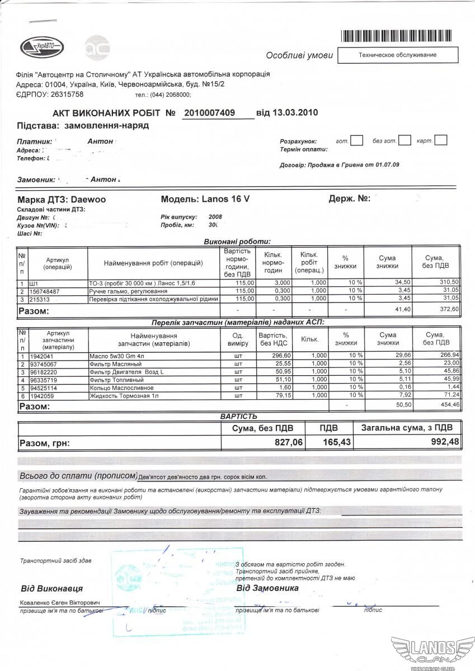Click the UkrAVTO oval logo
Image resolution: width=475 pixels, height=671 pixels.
point(41,48)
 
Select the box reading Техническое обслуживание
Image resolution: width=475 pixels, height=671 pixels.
point(398,55)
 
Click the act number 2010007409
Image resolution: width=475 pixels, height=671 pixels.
point(210,113)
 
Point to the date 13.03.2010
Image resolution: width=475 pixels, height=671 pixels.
point(294,112)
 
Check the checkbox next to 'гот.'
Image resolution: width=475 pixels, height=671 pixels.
point(356,140)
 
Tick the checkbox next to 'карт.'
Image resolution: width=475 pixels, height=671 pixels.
point(440,140)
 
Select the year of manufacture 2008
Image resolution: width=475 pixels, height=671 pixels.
point(215,216)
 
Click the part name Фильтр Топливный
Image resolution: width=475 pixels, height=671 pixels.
point(117,380)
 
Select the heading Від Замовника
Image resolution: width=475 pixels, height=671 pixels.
point(267,588)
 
